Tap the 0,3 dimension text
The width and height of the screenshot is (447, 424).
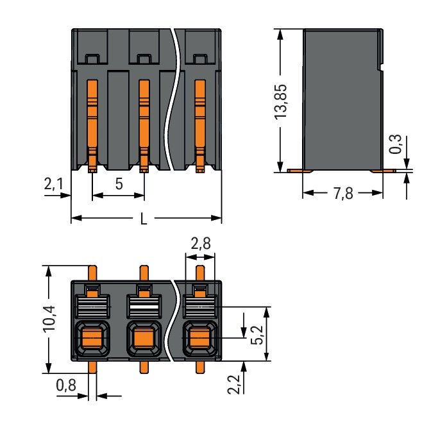(397, 144)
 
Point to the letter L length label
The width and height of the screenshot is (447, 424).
(144, 219)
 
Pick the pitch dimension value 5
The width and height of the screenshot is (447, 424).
(119, 184)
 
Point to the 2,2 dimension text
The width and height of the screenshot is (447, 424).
(235, 386)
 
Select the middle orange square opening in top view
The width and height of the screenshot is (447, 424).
(145, 335)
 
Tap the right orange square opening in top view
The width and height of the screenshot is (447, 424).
(199, 335)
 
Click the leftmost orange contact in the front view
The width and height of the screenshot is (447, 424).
(92, 122)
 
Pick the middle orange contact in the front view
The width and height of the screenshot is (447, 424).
(144, 122)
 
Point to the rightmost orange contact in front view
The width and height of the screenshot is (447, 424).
(199, 122)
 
